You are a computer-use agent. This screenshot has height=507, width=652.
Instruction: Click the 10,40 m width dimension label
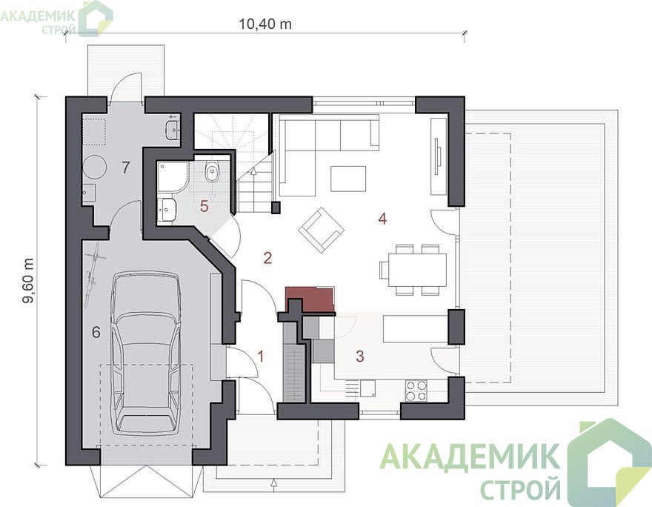265,24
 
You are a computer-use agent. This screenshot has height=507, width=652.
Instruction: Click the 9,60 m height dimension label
29,282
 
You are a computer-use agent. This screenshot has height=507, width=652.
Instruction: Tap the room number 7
125,168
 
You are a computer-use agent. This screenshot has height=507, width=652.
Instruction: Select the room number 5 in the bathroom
204,206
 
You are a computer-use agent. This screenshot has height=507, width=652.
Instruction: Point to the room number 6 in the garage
96,332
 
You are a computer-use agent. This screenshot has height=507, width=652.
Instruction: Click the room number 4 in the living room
382,219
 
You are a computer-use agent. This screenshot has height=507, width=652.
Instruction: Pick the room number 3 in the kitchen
360,356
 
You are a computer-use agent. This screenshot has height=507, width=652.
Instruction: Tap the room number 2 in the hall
267,258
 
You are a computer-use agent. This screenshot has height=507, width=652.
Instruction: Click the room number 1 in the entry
261,357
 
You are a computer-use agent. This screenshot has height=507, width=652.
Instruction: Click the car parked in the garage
146,353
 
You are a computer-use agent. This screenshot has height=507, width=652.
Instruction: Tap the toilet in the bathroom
213,172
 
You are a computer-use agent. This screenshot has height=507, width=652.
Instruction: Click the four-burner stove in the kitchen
416,391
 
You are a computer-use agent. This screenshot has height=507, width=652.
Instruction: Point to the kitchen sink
367,388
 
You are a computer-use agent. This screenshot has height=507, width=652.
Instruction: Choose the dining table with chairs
413,270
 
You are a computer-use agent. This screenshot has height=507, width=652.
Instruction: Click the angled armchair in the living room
321,231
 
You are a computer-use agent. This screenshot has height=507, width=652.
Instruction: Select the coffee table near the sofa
348,179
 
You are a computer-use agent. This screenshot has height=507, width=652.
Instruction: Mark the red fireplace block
310,299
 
